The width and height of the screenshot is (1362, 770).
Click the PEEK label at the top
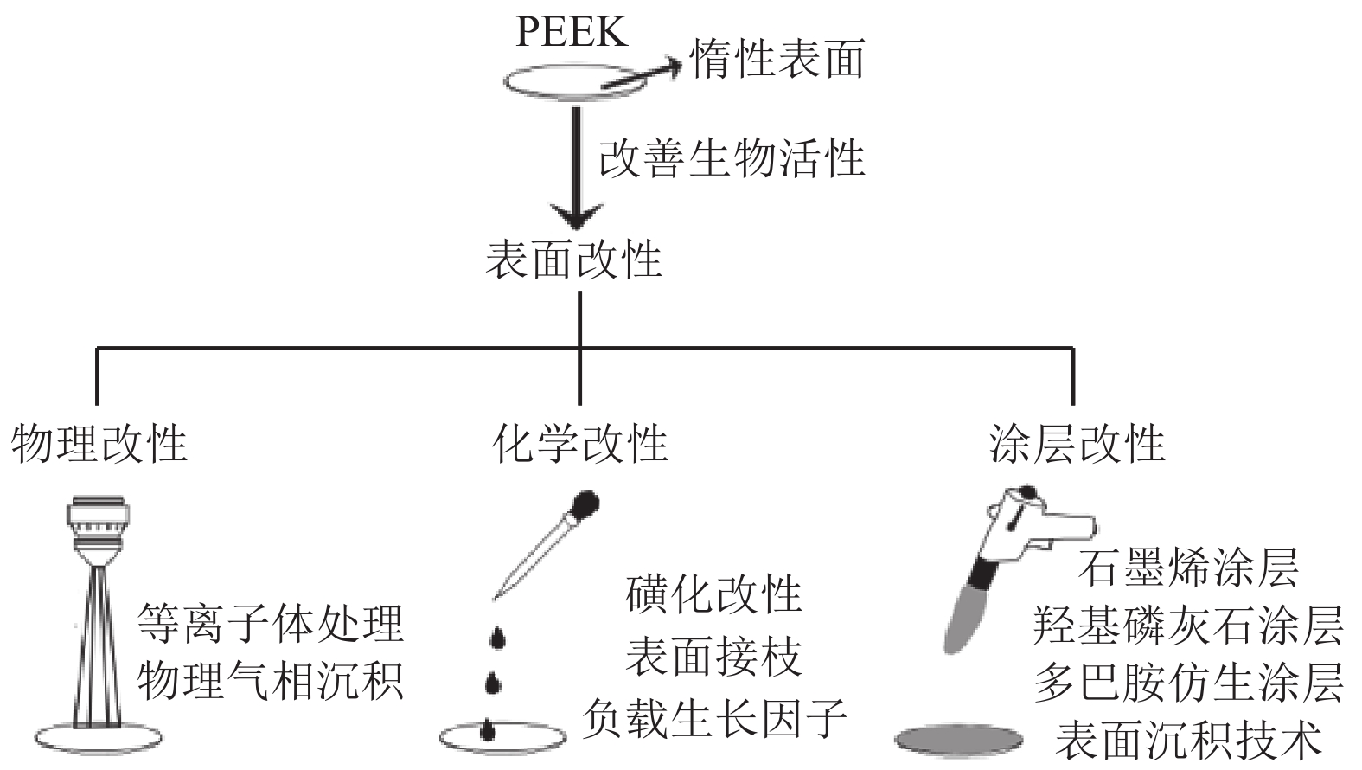571,32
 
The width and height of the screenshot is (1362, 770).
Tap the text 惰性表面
777,60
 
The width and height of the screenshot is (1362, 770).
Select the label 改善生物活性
732,159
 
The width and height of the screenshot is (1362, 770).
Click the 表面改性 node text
574,260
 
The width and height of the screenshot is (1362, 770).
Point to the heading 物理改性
99,444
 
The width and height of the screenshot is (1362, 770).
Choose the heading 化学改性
579,444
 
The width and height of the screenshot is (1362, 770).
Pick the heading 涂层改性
1077,444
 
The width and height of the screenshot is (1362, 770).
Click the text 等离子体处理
271,623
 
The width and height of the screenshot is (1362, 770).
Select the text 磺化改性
714,594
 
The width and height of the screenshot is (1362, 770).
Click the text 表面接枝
714,657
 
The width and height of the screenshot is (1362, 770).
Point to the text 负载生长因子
714,718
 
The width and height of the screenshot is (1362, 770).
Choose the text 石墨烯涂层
1188,568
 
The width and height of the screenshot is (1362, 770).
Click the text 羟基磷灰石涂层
1188,626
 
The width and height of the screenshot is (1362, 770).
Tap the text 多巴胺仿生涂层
1188,683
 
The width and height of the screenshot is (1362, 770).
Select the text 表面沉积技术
1188,741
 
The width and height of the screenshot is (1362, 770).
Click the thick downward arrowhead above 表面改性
577,216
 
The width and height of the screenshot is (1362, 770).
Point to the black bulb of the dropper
587,502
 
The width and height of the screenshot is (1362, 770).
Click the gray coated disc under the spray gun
960,738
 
